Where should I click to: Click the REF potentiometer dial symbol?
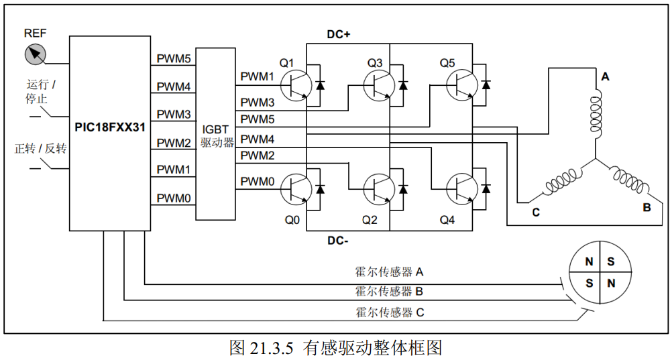coord(35,54)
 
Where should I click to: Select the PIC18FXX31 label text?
coord(110,125)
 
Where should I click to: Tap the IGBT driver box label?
coord(216,137)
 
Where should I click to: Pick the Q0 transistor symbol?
coord(293,188)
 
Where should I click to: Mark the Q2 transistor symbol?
coord(377,188)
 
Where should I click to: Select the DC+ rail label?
coord(339,34)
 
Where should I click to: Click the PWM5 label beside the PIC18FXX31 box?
coord(174,58)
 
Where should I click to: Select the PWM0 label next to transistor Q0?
coord(258,181)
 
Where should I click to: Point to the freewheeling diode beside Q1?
coord(321,85)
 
